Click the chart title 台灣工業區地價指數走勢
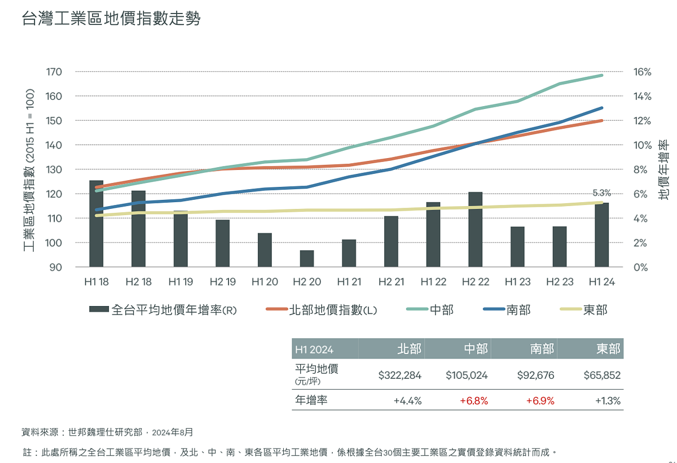pos(111,19)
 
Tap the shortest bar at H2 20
pos(307,259)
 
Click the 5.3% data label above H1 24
pos(601,193)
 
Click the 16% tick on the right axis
pos(642,72)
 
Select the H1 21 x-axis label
pos(349,282)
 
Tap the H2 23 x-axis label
pos(559,282)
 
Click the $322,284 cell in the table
pos(399,375)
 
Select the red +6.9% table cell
pos(540,401)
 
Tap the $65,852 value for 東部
pos(602,375)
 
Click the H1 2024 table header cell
pos(314,350)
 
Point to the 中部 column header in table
pos(476,349)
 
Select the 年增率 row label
pos(311,400)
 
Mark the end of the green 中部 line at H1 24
pos(601,75)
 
